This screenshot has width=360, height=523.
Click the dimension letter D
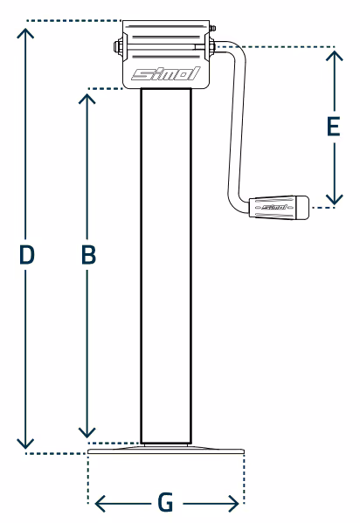(x=27, y=254)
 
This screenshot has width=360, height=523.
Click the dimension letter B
(x=88, y=254)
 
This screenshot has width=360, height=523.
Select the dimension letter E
(x=333, y=127)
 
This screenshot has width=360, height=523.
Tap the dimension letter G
(x=166, y=503)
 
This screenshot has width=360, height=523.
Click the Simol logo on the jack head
(x=166, y=73)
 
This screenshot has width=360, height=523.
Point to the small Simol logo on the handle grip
(x=273, y=207)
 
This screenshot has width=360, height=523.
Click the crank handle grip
(x=279, y=207)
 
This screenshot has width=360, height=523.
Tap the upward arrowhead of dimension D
(x=25, y=33)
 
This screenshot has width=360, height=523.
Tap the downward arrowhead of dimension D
(x=25, y=444)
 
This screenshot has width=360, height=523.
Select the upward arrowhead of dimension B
(x=87, y=99)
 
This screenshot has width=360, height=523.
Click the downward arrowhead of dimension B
(x=87, y=432)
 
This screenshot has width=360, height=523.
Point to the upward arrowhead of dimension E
(x=335, y=56)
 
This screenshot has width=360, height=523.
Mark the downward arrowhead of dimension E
(x=335, y=199)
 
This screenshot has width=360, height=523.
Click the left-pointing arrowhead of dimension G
(x=100, y=503)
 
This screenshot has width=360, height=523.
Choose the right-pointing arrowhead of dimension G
(x=233, y=503)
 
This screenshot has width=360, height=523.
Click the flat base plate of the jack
(x=166, y=450)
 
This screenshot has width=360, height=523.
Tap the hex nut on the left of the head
(x=118, y=46)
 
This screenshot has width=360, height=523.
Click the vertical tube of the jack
(x=166, y=265)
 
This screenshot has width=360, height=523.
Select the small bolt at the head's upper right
(x=212, y=28)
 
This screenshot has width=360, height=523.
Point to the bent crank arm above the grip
(x=235, y=127)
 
